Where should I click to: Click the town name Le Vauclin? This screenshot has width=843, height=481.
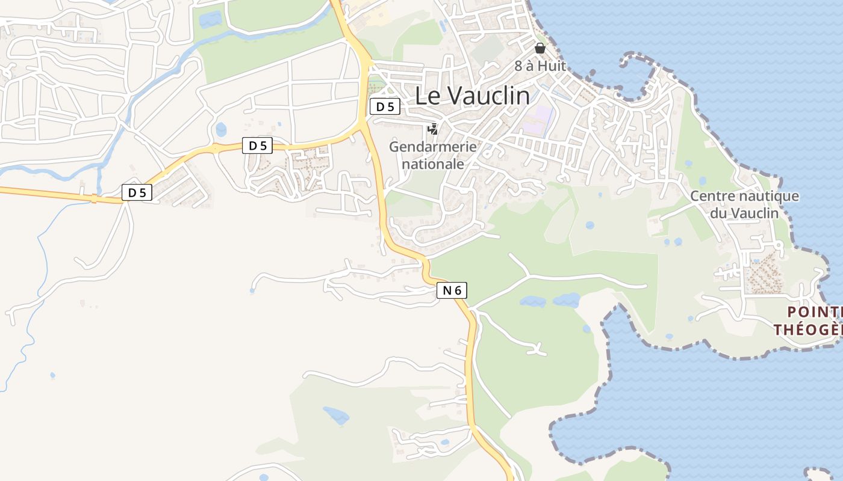click(473, 96)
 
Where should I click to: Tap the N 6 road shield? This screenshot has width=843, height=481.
click(452, 290)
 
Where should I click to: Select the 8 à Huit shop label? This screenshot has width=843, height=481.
click(540, 66)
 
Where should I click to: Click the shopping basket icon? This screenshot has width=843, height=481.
click(540, 48)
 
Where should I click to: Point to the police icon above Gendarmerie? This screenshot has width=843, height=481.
click(432, 129)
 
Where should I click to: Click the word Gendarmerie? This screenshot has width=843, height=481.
click(432, 146)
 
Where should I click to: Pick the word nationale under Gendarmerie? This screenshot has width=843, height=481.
click(433, 164)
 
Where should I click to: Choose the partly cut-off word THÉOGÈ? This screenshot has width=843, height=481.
click(807, 329)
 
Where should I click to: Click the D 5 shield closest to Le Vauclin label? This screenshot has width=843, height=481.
click(385, 107)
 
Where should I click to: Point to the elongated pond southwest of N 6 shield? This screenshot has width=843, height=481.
click(335, 415)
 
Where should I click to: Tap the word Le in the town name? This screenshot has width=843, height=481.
click(428, 96)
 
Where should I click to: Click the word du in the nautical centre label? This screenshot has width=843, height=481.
click(718, 213)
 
